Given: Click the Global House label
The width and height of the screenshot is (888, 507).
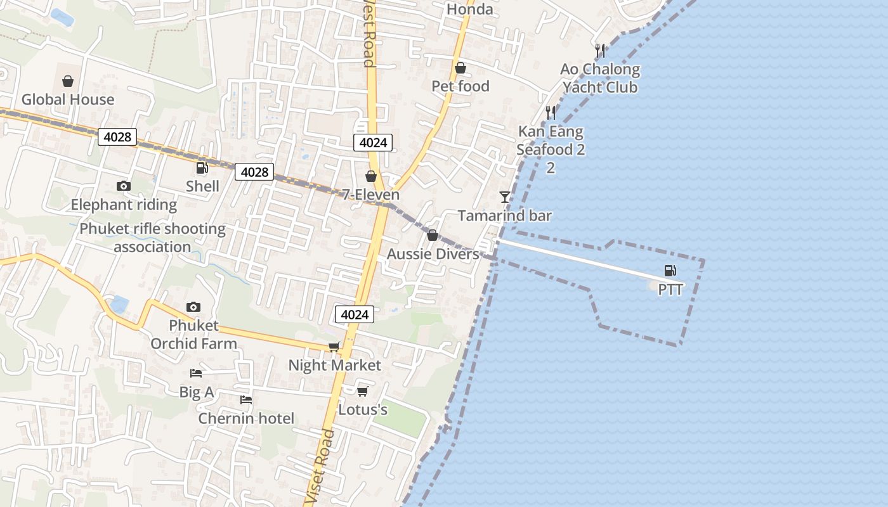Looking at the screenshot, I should [x=68, y=99].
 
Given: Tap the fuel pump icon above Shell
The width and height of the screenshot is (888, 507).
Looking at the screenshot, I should [x=202, y=168].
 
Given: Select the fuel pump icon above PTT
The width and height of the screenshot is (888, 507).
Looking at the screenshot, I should [x=670, y=271].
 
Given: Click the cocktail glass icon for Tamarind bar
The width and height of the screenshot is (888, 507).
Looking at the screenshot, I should [x=505, y=197].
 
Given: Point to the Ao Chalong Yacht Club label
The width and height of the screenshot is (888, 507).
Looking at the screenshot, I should [x=600, y=78].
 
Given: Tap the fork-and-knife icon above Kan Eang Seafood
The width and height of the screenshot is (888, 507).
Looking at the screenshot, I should [x=551, y=113].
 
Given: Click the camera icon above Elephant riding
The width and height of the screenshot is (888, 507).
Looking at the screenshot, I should [x=124, y=186].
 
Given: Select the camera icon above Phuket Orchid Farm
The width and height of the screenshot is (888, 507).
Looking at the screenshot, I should [x=193, y=307].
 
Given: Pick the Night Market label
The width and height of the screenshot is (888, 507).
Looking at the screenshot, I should [x=335, y=366].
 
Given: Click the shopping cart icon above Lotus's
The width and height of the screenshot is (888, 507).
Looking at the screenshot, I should [x=362, y=391].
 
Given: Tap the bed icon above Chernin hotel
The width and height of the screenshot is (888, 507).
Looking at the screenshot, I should [x=246, y=400].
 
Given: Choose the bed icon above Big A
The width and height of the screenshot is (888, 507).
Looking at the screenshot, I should [x=196, y=373].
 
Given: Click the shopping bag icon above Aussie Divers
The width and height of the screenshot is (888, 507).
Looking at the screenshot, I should [x=433, y=236].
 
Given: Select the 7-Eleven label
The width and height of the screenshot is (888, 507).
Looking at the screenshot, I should [x=371, y=195].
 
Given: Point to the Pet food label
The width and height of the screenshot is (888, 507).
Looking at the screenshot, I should [x=460, y=86].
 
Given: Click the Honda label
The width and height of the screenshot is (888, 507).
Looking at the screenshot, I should [x=469, y=10].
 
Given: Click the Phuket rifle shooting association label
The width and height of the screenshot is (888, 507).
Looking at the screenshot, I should [x=152, y=238].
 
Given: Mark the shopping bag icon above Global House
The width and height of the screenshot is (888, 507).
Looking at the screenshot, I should [x=68, y=81].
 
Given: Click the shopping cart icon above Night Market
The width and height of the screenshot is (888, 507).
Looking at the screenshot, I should [x=334, y=347].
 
